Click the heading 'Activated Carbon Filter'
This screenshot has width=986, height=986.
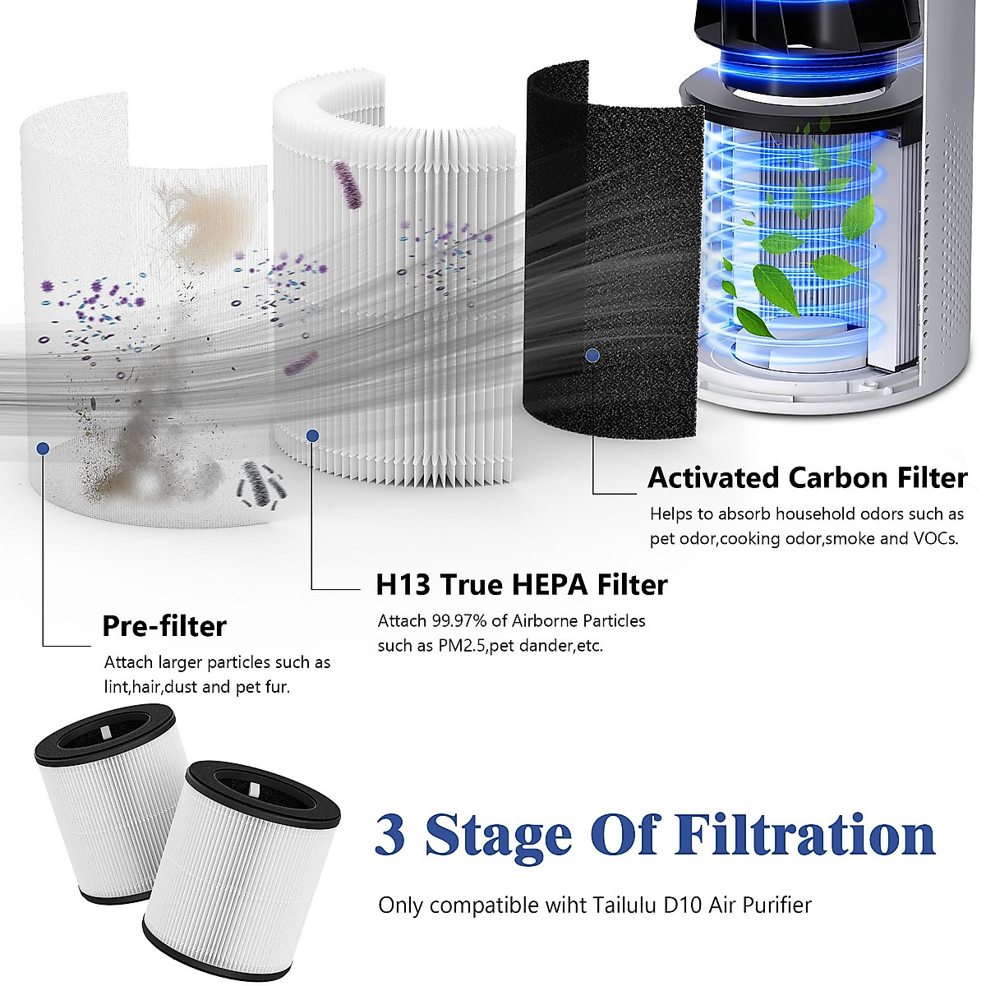pos(807,477)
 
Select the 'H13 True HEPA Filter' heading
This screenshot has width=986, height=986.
pos(522,584)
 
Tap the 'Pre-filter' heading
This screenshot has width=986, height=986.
pos(164,626)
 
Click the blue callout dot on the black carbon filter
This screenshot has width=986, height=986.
pos(591,356)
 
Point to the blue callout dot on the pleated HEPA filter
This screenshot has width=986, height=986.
pos(311,435)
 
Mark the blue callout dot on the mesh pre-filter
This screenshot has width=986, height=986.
pos(43,448)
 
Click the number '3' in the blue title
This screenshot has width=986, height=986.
pos(390,835)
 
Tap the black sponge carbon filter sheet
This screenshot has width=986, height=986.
pos(612,246)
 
